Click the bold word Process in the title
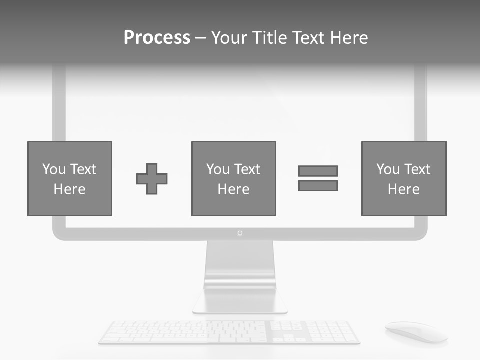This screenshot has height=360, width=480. pyautogui.click(x=157, y=38)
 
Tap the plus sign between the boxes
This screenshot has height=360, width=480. pyautogui.click(x=152, y=179)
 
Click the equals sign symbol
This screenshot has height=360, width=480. pyautogui.click(x=318, y=178)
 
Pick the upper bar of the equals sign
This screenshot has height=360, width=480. pyautogui.click(x=318, y=171)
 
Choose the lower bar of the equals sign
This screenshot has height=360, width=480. pyautogui.click(x=318, y=186)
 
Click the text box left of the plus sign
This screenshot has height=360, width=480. pyautogui.click(x=70, y=178)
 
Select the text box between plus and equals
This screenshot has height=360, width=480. pyautogui.click(x=233, y=178)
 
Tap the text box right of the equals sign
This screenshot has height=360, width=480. pyautogui.click(x=403, y=178)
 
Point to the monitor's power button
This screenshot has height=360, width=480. pyautogui.click(x=240, y=233)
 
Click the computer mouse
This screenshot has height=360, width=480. pyautogui.click(x=415, y=331)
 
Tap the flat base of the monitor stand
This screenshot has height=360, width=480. pyautogui.click(x=240, y=303)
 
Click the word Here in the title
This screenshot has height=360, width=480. pyautogui.click(x=349, y=38)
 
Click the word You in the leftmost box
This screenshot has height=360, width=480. pyautogui.click(x=54, y=169)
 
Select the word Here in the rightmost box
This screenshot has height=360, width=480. pyautogui.click(x=403, y=189)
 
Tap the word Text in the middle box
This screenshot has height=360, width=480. pyautogui.click(x=247, y=169)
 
